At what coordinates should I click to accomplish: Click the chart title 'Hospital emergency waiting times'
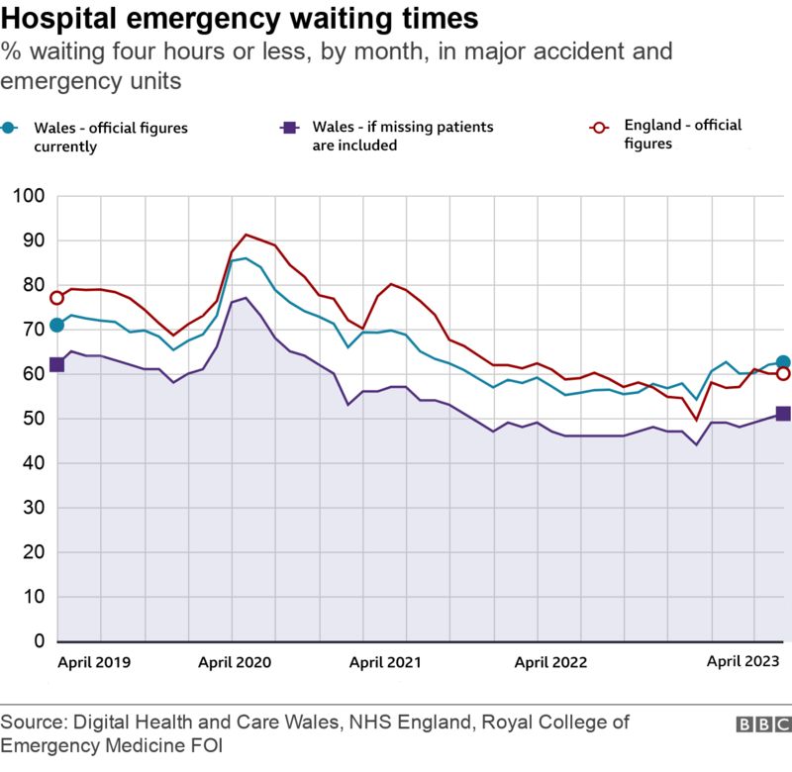tap(241, 19)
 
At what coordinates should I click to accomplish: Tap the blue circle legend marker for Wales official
tap(9, 128)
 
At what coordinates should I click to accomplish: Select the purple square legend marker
tap(289, 127)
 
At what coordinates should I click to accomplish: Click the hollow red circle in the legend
tap(597, 127)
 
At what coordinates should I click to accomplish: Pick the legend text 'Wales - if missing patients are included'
tap(402, 136)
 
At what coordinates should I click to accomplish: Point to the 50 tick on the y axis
tap(32, 419)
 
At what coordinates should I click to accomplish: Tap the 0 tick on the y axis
tap(37, 641)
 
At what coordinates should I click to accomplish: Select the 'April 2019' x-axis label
tap(94, 662)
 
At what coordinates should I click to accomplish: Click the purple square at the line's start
tap(56, 364)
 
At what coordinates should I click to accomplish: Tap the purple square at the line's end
tap(782, 414)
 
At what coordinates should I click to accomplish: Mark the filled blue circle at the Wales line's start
tap(56, 325)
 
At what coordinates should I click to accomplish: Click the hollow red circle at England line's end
tap(782, 373)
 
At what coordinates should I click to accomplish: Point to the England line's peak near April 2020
tap(247, 235)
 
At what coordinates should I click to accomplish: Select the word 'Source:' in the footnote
tap(32, 724)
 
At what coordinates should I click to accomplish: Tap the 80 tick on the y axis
tap(32, 285)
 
